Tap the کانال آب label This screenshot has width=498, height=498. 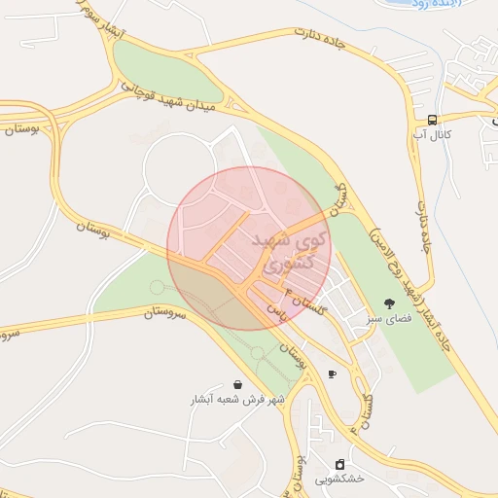coord(431,134)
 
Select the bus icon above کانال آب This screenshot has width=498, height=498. coord(431,120)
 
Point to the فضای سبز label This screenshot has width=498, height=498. coord(389,318)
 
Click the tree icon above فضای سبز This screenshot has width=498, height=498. coord(389,303)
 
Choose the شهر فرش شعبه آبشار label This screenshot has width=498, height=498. coord(238,399)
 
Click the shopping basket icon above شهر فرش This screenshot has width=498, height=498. coord(238,385)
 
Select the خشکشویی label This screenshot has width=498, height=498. coord(339,479)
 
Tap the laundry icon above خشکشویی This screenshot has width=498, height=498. coord(339,464)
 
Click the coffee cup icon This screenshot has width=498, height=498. coord(332,373)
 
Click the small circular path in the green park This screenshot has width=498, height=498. coord(157,287)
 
